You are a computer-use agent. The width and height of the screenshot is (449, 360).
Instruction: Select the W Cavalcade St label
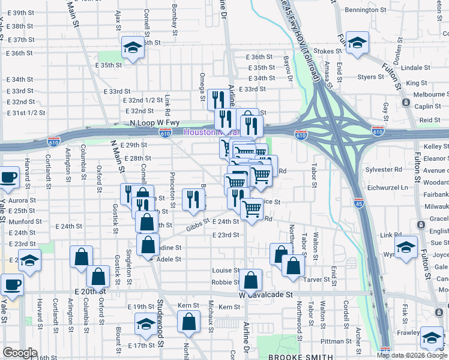click(265, 295)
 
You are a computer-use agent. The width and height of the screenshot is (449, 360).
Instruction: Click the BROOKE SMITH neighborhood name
click(297, 357)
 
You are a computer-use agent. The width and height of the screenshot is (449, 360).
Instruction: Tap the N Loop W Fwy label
click(146, 123)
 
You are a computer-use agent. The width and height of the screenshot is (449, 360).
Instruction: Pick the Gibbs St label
click(196, 225)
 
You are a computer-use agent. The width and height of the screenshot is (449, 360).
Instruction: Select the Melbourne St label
click(426, 94)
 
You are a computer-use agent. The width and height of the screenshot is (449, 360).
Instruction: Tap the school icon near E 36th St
click(131, 47)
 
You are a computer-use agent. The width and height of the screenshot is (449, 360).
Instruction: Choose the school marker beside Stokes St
click(358, 43)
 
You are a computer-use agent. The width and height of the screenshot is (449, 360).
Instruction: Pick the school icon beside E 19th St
click(145, 325)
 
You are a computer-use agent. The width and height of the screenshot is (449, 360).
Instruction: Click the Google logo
click(20, 353)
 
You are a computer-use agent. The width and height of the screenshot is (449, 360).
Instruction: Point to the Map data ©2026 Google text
click(412, 355)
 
